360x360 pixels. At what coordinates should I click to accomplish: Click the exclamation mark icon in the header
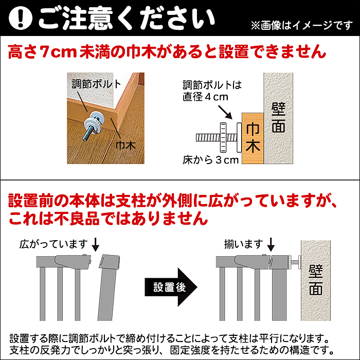[x=21, y=18]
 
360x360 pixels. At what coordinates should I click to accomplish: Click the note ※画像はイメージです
[x=302, y=25]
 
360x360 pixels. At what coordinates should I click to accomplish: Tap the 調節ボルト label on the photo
[x=96, y=84]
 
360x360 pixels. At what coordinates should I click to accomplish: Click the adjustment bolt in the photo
[x=94, y=125]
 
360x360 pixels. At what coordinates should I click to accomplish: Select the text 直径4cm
[x=205, y=97]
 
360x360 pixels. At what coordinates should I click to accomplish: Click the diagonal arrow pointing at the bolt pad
[x=225, y=112]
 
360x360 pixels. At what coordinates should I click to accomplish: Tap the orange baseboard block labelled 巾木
[x=253, y=138]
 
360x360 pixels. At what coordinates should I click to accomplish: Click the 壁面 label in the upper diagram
[x=278, y=118]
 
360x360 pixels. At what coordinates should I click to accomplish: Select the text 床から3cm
[x=210, y=160]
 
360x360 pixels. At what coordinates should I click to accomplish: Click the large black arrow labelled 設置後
[x=171, y=287]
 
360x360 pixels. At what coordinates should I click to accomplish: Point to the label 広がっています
[x=53, y=244]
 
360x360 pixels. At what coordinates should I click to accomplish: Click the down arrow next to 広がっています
[x=95, y=245]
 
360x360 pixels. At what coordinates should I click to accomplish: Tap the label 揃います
[x=244, y=244]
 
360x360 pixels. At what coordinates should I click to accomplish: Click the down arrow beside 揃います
[x=271, y=245]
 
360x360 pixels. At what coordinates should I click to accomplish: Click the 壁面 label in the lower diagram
[x=316, y=280]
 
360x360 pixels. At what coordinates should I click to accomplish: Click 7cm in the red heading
[x=58, y=52]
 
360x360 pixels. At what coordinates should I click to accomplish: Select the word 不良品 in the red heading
[x=77, y=218]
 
